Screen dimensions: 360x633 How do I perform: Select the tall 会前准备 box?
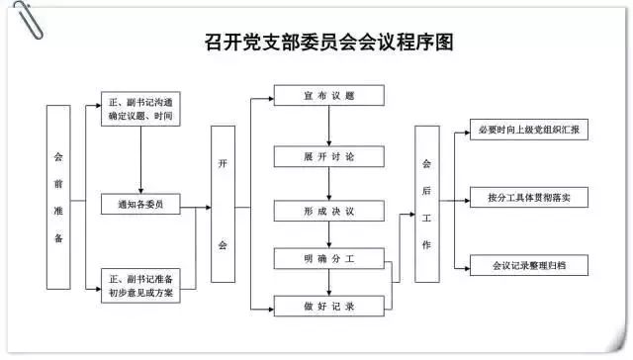click(58, 196)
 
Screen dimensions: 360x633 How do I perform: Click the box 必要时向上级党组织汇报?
click(528, 131)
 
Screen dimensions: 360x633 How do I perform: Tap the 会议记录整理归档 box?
click(528, 266)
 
